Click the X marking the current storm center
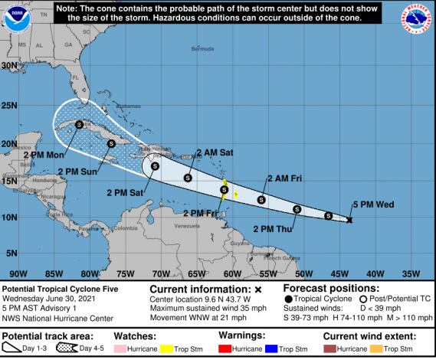pos(349,220)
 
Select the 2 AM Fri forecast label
pos(284,178)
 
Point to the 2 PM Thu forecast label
pos(272,227)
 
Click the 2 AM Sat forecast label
pos(215,152)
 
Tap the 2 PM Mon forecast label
pos(43,155)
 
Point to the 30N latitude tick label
pos(9,66)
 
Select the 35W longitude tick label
pos(411,273)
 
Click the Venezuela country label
pos(186,227)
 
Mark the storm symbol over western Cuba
pos(79,123)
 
